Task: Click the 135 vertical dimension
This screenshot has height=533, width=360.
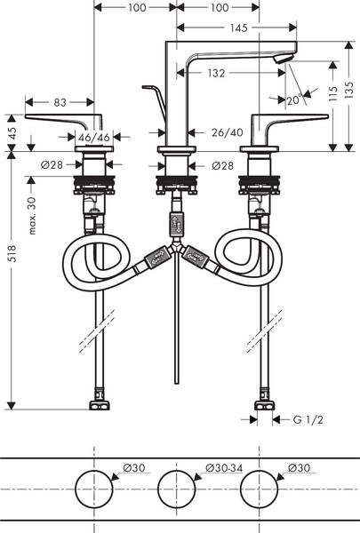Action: [x=349, y=91]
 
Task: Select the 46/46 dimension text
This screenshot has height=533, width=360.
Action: [x=91, y=139]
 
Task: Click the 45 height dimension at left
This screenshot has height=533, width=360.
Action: [x=12, y=132]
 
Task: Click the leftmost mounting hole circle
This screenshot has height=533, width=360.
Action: [x=92, y=490]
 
